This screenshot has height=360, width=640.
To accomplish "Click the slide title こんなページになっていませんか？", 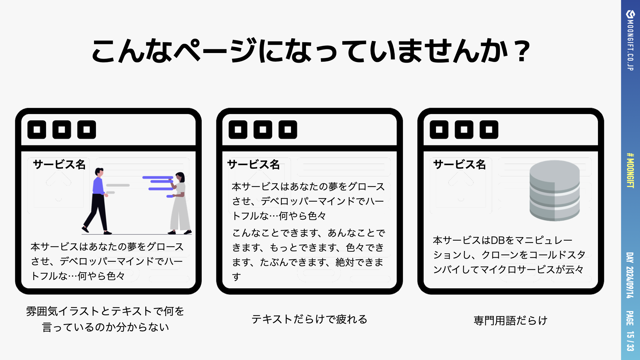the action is coord(311,51).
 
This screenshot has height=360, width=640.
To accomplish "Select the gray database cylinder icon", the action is coord(554,190).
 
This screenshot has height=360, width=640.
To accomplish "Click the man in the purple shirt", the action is coord(97,201).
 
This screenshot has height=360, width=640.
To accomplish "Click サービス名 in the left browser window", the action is coord(59,164).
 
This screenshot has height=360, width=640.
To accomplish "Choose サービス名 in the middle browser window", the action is coord(253,164).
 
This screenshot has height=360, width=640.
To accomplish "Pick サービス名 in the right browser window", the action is coord(459,164).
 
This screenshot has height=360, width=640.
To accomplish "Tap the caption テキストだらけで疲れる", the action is coord(309,319).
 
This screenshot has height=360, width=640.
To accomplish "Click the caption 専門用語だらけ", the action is coord(510,320).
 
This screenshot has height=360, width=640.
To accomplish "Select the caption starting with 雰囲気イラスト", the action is coord(105,319).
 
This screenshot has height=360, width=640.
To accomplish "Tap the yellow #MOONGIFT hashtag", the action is coord(630,170).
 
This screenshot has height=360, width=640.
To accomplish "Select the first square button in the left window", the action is coord(37,130).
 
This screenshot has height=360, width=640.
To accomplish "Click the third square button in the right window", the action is coord(489,130).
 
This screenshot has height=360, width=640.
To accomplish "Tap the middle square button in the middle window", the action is coord(263,130).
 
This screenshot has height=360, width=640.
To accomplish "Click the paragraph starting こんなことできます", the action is coord(308,255).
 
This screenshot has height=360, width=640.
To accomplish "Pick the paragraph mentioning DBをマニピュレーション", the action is coord(509,255).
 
